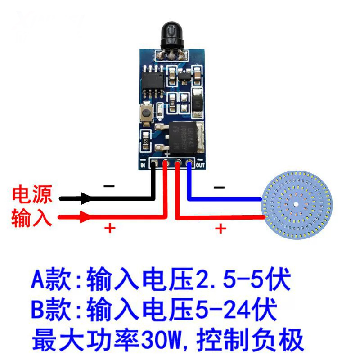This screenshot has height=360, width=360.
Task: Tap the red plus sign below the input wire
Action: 110,228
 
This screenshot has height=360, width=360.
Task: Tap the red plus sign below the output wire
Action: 220,229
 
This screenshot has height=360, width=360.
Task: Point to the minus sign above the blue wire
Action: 219,187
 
